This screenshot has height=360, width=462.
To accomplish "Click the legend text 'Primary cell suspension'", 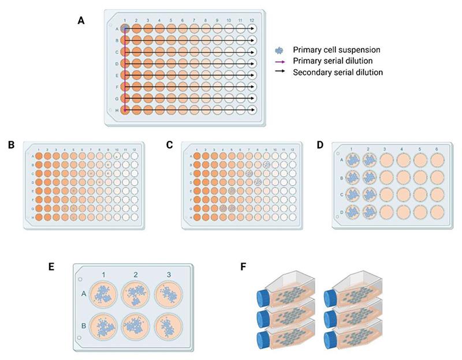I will pyautogui.click(x=331, y=50).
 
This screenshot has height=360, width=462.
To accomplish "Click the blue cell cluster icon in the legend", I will pyautogui.click(x=282, y=50).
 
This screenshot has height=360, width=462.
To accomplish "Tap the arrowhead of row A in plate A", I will pyautogui.click(x=255, y=28).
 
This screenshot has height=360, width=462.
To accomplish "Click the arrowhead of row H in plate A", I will pyautogui.click(x=255, y=110).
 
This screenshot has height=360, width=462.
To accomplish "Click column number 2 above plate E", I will pyautogui.click(x=135, y=272).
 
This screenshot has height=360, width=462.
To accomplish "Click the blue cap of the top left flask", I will pyautogui.click(x=262, y=298).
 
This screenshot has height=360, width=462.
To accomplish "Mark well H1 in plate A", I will pyautogui.click(x=125, y=110).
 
